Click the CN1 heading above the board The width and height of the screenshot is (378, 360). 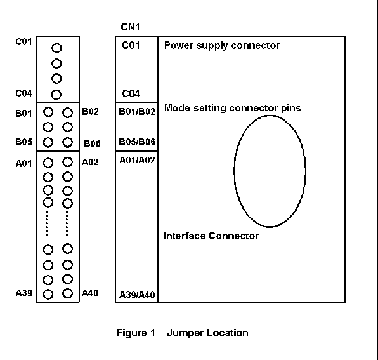(130, 27)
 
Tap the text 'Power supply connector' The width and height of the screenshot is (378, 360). (222, 46)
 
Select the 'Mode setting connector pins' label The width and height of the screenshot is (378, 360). (232, 108)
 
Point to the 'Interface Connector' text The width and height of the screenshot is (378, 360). (211, 236)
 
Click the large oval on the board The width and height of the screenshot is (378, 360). (234, 171)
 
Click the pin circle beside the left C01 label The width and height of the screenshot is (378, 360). (56, 48)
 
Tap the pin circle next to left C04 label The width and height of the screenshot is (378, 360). (56, 95)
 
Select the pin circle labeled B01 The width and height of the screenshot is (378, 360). (48, 112)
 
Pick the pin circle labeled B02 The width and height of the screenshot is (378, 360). (67, 112)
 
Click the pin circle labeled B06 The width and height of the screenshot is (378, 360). (67, 142)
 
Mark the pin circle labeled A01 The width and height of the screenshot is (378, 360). (48, 163)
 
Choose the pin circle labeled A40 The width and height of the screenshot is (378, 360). (67, 293)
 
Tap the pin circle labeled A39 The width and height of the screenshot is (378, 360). (48, 295)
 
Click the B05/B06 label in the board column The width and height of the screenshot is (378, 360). (137, 142)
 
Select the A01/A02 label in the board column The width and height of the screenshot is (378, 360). (137, 160)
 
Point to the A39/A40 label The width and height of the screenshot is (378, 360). (137, 295)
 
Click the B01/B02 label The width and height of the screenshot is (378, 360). (137, 112)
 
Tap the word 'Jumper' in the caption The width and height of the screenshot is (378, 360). (185, 333)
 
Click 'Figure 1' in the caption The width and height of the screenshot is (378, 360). (136, 333)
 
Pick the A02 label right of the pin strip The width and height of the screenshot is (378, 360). (90, 162)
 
